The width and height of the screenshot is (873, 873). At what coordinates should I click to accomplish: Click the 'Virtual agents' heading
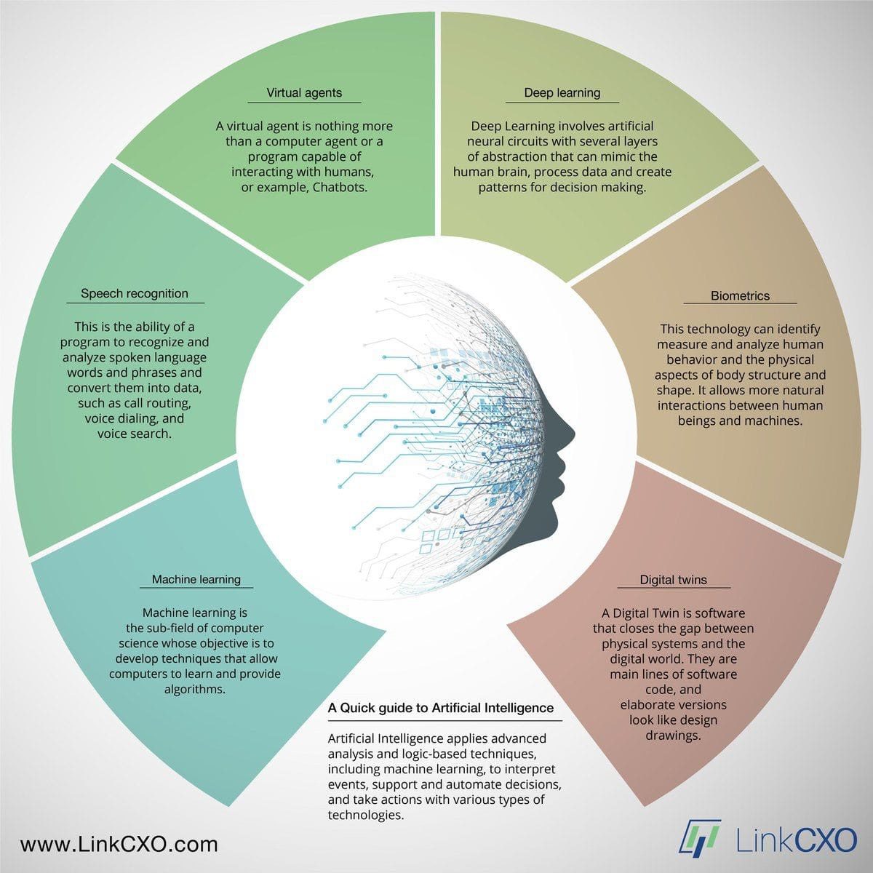304,93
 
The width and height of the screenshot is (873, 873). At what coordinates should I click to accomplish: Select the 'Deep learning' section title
562,93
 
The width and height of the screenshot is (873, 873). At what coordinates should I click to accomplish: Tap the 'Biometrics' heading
740,296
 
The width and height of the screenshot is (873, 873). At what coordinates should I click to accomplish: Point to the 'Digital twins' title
673,580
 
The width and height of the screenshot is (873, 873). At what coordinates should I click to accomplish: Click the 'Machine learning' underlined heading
196,579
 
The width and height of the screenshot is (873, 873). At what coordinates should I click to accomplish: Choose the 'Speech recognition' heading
135,294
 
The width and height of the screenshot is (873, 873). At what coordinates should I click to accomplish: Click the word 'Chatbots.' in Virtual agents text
340,187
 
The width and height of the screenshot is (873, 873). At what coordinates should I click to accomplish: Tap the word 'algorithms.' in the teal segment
195,689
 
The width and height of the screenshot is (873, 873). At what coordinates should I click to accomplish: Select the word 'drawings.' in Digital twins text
673,736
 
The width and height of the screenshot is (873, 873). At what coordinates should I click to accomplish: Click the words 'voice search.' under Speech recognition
135,434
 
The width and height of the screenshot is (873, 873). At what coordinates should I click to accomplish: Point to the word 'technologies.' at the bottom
366,815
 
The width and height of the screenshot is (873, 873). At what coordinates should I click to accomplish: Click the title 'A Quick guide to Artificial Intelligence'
441,708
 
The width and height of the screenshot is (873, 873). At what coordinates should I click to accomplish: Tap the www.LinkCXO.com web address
119,845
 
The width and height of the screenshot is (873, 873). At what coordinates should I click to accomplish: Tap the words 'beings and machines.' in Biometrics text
740,421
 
